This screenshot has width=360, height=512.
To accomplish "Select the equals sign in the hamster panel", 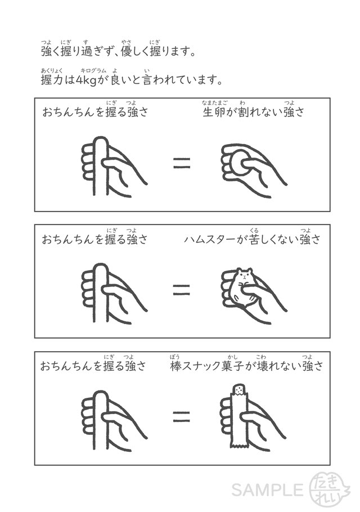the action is [182, 290].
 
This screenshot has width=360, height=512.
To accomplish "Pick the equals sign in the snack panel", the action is [182, 416].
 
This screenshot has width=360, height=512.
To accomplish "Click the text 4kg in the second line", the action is [86, 80].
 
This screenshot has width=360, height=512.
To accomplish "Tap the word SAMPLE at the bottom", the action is [268, 490].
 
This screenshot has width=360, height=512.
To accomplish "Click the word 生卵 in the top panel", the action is [214, 113].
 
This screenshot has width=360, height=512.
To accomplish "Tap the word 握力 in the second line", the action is [52, 80].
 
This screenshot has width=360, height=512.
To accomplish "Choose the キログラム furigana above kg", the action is [93, 70].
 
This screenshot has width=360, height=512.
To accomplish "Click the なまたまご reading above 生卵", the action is [214, 103].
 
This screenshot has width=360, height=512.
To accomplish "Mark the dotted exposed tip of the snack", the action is [239, 389].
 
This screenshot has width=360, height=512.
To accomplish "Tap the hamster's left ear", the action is [238, 270].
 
